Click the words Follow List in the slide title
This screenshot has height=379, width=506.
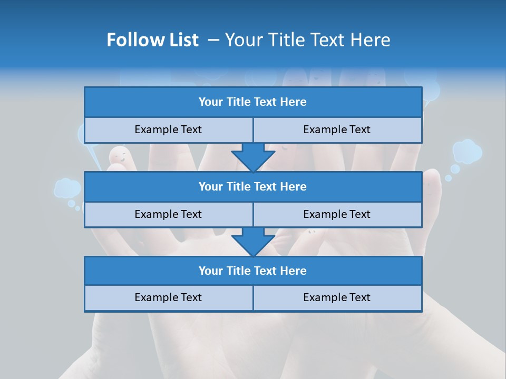click(x=152, y=40)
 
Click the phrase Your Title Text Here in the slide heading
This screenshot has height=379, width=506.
click(x=307, y=40)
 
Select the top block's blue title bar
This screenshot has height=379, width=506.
click(x=252, y=102)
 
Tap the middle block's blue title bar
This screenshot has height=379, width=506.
click(x=252, y=186)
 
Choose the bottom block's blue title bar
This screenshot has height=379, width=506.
click(x=252, y=271)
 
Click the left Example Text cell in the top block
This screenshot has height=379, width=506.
click(x=168, y=129)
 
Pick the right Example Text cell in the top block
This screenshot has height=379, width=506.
click(x=337, y=129)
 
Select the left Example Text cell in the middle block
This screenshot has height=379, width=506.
click(x=168, y=214)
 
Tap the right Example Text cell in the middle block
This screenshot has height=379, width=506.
click(x=337, y=214)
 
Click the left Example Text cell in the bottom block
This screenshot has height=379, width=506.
click(x=168, y=297)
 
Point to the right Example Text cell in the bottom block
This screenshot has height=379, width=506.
click(x=337, y=297)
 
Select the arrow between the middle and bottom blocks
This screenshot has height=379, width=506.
click(x=253, y=242)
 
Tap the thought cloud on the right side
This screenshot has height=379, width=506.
click(x=467, y=151)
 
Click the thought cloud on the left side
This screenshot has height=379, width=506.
click(x=66, y=187)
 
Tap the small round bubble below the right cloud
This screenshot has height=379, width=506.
click(x=454, y=169)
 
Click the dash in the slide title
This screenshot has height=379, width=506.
click(x=213, y=40)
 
